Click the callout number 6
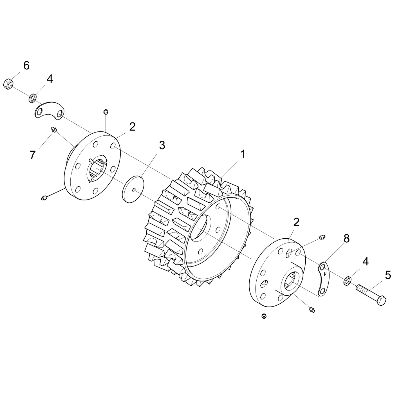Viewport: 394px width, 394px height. [x=26, y=66]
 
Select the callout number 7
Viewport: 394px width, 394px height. [x=33, y=155]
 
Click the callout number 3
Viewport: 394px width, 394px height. [x=162, y=145]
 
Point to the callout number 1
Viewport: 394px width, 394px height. [x=243, y=154]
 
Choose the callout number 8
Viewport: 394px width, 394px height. [x=346, y=238]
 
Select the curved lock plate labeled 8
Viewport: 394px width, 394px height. [x=324, y=279]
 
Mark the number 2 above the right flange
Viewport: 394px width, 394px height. [x=296, y=215]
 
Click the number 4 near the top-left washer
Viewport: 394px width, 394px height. [x=50, y=79]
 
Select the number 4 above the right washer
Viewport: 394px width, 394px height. [x=365, y=262]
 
